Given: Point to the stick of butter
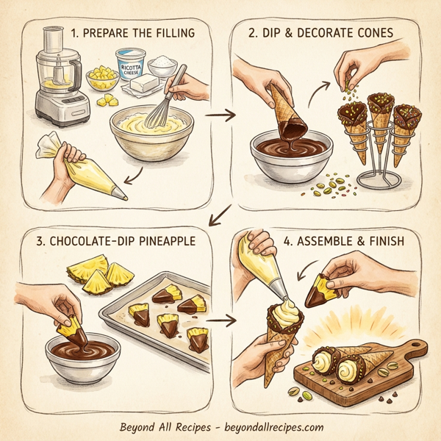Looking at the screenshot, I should pos(143,87).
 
